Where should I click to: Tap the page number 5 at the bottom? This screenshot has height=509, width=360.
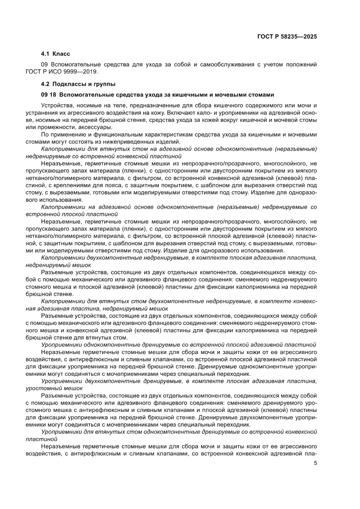point(315,463)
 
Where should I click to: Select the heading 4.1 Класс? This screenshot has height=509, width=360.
point(55,54)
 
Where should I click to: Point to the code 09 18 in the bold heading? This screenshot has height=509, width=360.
point(48,94)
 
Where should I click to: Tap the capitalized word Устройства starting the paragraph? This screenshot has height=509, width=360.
point(56,106)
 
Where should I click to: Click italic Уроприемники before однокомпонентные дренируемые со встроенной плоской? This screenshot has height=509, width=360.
point(62,345)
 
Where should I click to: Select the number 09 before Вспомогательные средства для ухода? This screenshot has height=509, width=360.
point(44,64)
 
